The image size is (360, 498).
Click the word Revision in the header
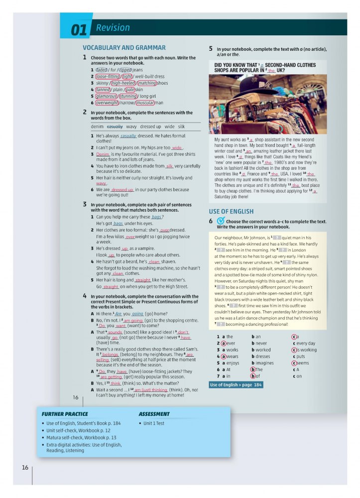pyautogui.click(x=113, y=28)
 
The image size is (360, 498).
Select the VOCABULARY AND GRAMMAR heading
pyautogui.click(x=124, y=48)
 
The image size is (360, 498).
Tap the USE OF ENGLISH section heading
pyautogui.click(x=231, y=211)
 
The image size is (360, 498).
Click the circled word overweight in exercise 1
pyautogui.click(x=107, y=103)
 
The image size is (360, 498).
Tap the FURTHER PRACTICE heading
pyautogui.click(x=65, y=414)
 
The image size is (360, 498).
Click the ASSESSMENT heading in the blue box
pyautogui.click(x=154, y=414)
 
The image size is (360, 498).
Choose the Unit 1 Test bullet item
pyautogui.click(x=154, y=423)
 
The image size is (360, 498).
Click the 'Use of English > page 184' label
pyautogui.click(x=236, y=384)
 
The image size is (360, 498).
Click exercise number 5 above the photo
pyautogui.click(x=211, y=49)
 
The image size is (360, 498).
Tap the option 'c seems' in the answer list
pyautogui.click(x=305, y=363)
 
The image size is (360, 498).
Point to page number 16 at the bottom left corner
pyautogui.click(x=25, y=467)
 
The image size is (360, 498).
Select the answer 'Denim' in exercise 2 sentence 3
pyautogui.click(x=103, y=154)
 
